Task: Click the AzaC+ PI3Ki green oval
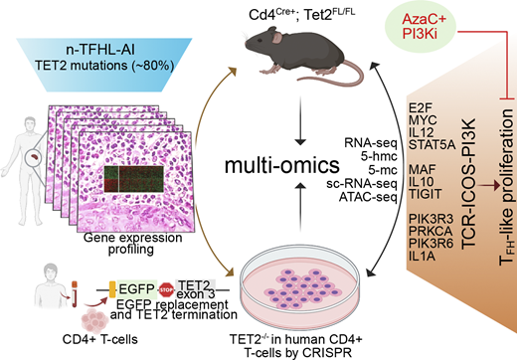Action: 421,27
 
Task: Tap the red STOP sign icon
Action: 166,290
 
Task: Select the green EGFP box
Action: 136,289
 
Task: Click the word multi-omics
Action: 282,165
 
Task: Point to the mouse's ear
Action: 276,38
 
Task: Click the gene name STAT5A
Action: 432,145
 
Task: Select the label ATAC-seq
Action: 368,197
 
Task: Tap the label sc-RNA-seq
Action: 362,183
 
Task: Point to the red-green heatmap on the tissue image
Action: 134,179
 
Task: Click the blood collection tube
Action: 75,293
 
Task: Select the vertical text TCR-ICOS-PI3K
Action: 468,183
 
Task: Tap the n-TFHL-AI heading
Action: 100,50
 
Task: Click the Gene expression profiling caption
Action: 133,244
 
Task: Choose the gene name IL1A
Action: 422,256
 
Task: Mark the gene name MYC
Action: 423,120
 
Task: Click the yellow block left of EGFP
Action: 112,289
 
